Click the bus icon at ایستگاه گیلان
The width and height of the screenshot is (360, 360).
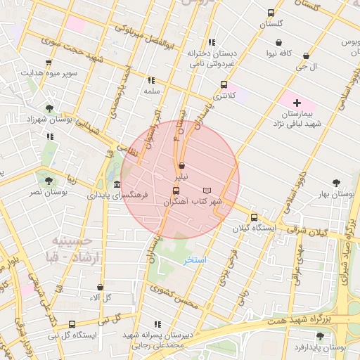pos(254,217)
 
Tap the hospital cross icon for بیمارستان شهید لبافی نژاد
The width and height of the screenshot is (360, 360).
pos(296,103)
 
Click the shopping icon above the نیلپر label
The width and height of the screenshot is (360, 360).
pos(182,165)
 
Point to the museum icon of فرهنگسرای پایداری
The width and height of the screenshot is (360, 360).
pos(116,184)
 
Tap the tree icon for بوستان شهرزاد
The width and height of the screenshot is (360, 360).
pos(49,108)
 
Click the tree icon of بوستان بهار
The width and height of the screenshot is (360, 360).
pos(337,181)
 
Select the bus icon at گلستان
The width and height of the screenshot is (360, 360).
pos(271,13)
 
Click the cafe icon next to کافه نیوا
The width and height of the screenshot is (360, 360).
pos(270,41)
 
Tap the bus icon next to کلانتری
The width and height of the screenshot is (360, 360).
pos(224,84)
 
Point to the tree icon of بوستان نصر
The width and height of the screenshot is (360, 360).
pos(48,181)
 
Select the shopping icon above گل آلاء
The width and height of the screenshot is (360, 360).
pos(100,287)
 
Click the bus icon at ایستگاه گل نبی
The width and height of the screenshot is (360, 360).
pos(72,324)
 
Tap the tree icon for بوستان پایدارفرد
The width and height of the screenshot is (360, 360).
pos(321,336)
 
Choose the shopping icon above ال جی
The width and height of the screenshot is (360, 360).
pos(307,56)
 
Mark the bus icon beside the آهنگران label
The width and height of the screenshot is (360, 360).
pos(175,191)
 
